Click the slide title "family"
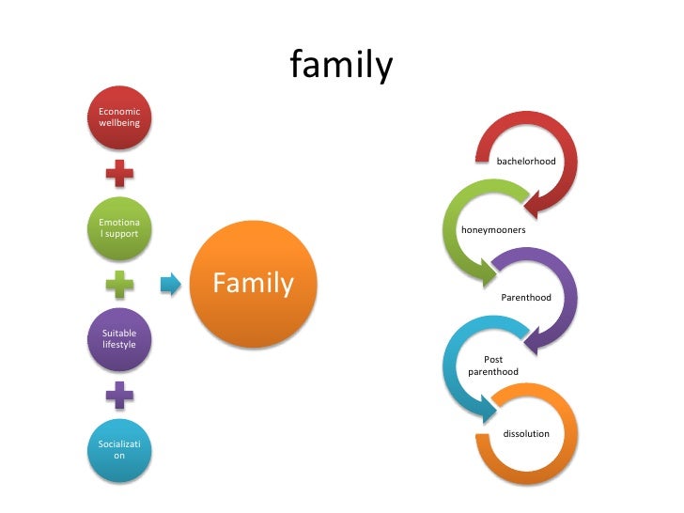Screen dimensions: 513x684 click(340, 66)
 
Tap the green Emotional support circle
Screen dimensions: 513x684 click(119, 227)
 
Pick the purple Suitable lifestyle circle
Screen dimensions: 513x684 click(119, 339)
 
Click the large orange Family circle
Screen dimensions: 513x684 click(253, 284)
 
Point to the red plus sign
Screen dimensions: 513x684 click(119, 173)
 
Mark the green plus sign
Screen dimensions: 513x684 click(119, 285)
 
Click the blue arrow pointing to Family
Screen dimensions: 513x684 click(169, 284)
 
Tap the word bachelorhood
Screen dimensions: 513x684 click(526, 162)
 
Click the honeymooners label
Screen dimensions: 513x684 click(492, 230)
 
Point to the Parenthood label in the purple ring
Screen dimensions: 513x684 click(525, 298)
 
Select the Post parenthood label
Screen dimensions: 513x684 click(492, 365)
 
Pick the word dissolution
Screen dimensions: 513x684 click(526, 434)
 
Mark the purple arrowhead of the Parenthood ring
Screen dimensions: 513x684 click(535, 339)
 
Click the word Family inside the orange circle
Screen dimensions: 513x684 click(253, 284)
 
